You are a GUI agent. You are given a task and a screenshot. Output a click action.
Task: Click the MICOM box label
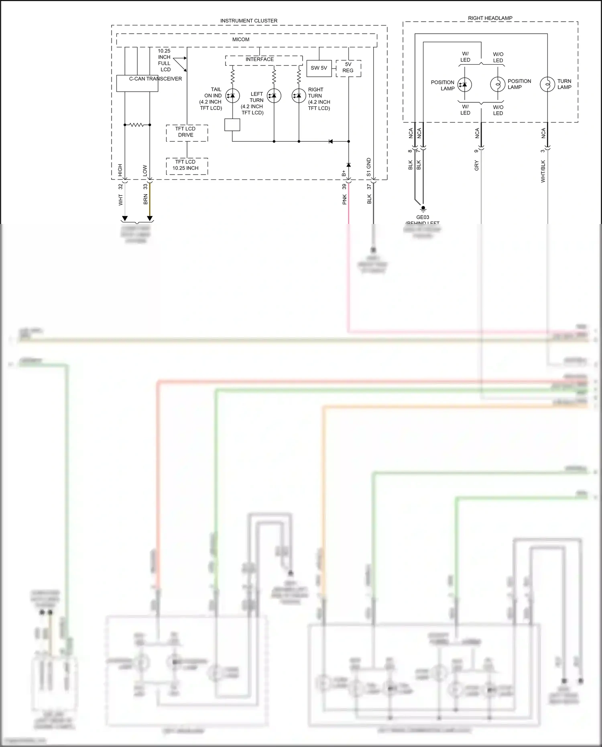[x=241, y=39]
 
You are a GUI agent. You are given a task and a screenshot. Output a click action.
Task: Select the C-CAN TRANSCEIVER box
[x=137, y=83]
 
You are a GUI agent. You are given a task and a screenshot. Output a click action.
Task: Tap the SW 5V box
[x=319, y=68]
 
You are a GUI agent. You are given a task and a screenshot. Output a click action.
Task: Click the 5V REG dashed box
[x=348, y=68]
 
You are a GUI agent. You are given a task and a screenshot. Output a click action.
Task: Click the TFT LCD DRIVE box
[x=187, y=132]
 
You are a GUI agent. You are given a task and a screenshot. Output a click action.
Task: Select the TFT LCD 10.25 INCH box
[x=187, y=165]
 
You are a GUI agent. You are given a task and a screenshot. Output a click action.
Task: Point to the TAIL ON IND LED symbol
[x=232, y=96]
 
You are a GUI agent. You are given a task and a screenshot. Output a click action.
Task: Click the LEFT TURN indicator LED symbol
[x=274, y=96]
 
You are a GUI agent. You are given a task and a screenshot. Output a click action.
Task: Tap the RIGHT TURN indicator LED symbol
[x=299, y=96]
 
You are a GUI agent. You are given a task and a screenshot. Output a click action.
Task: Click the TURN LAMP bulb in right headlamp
[x=547, y=84]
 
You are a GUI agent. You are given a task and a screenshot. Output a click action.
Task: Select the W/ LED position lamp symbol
[x=465, y=85]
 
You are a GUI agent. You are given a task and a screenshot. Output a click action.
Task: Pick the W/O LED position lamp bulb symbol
[x=498, y=85]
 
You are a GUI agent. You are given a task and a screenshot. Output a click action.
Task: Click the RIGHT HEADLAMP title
[x=490, y=18]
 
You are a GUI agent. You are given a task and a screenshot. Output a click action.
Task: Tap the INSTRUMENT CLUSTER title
[x=249, y=20]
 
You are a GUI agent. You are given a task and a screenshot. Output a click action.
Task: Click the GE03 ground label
[x=423, y=217]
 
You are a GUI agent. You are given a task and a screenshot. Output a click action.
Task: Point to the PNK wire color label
[x=344, y=199]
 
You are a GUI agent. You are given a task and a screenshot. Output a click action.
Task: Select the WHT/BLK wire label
[x=543, y=171]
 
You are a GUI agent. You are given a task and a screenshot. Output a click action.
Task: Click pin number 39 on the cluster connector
[x=344, y=187]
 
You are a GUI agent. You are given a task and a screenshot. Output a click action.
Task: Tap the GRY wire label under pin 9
[x=477, y=165]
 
